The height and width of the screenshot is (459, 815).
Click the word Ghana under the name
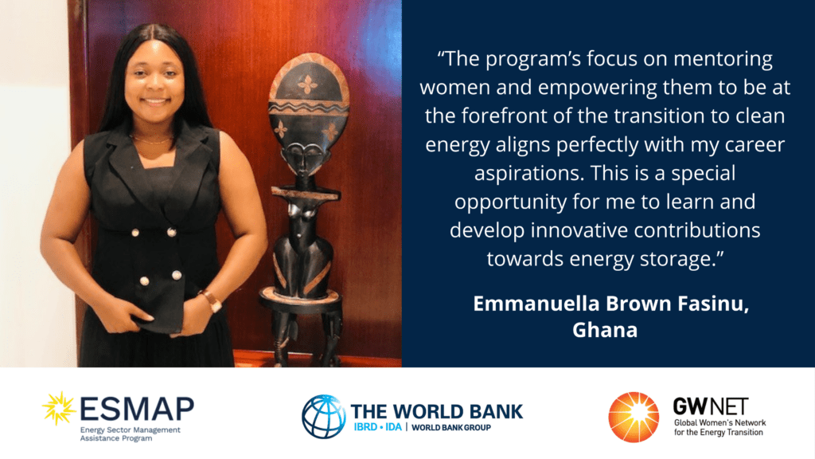click(605, 330)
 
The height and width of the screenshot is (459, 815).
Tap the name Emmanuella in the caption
click(531, 304)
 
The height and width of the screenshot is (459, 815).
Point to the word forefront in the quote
click(502, 116)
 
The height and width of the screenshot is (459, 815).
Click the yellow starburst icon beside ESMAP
click(59, 408)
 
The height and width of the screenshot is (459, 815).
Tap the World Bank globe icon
click(324, 416)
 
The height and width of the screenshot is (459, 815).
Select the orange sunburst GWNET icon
click(634, 418)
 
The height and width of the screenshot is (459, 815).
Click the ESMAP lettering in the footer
click(137, 409)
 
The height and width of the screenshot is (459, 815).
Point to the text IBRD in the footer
click(365, 427)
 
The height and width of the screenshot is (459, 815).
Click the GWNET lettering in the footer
click(711, 406)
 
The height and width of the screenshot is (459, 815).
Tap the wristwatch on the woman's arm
click(211, 300)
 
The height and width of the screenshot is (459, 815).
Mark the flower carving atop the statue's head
click(308, 84)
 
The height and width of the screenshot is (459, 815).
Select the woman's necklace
click(152, 140)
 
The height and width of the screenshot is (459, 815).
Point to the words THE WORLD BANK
click(437, 412)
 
